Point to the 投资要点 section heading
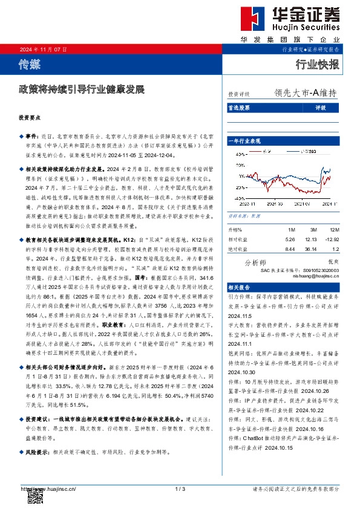click(28, 118)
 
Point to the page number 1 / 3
click(180, 488)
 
